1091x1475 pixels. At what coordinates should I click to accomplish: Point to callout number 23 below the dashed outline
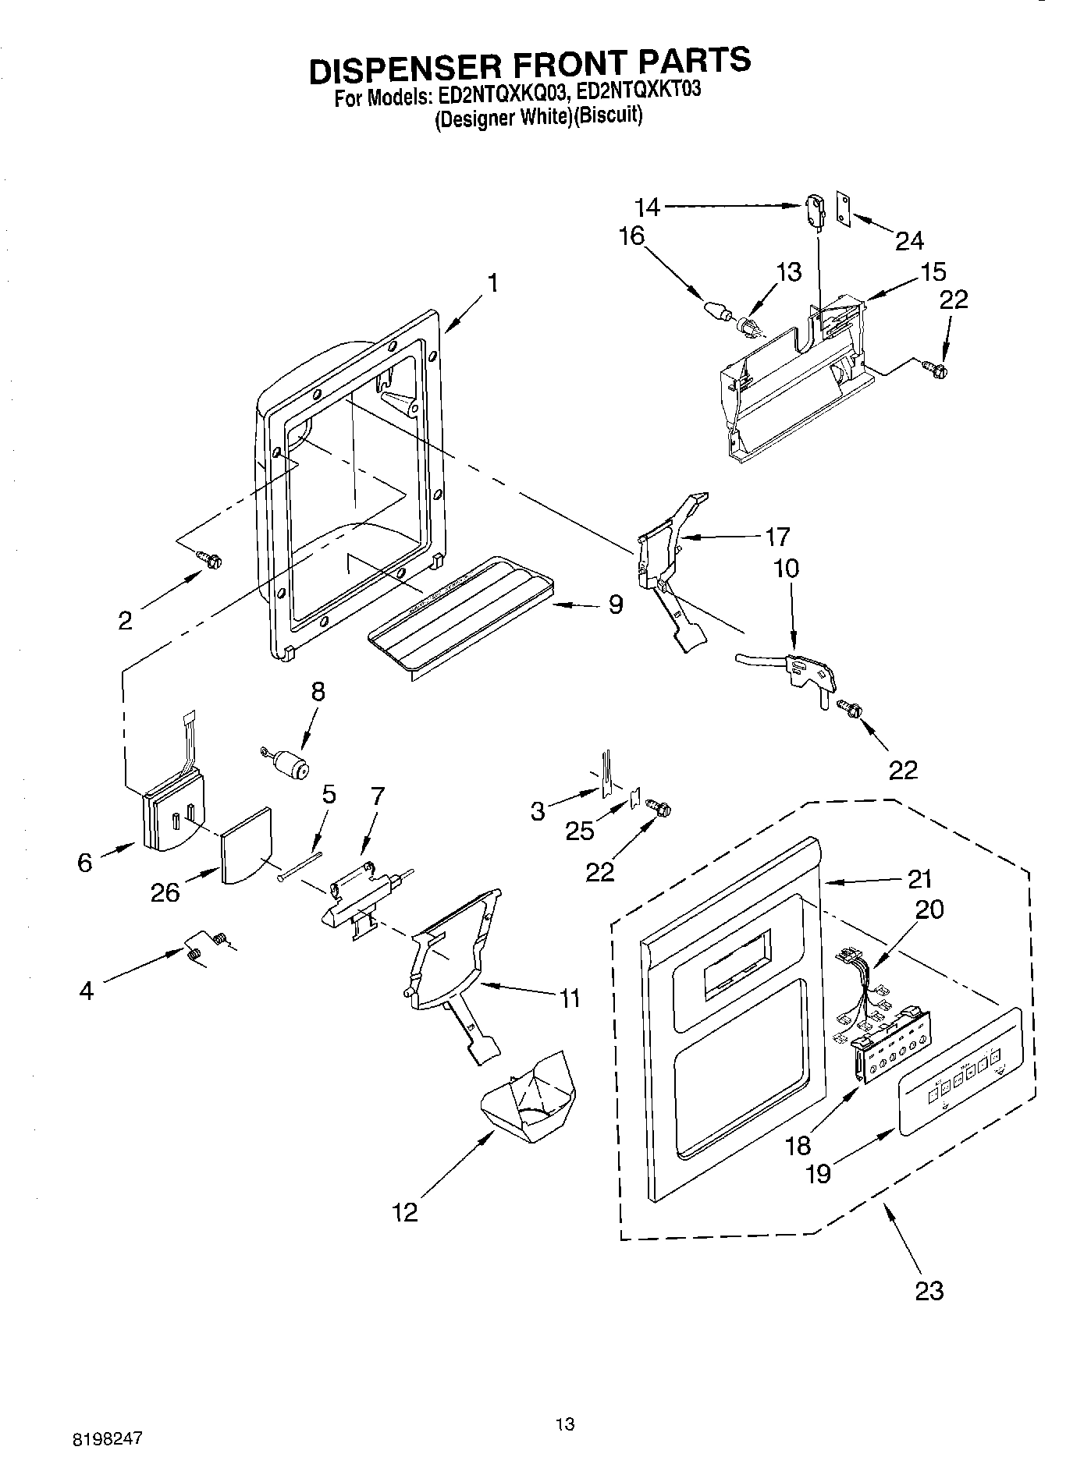(929, 1290)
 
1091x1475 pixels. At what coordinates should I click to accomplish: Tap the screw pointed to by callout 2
(210, 558)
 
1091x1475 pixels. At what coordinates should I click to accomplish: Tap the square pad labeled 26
(246, 845)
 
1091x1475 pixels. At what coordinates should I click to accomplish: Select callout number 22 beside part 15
(954, 300)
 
